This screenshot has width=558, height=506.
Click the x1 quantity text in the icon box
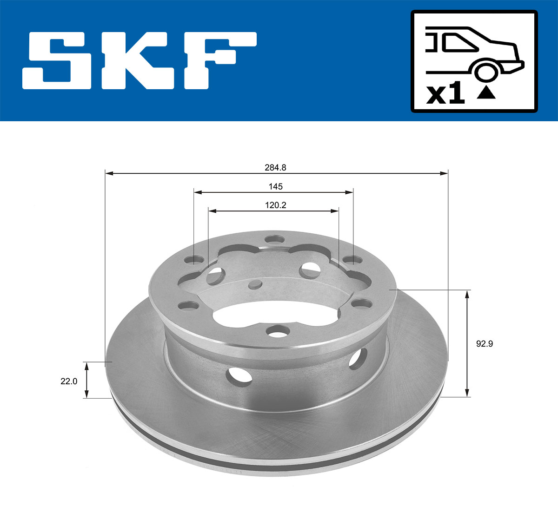coord(445,95)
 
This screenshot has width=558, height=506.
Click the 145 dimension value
coord(275,186)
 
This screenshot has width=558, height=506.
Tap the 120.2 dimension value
coord(275,205)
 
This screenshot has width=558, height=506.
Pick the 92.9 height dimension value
coord(484,344)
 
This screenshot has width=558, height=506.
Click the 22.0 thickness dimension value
coord(68,381)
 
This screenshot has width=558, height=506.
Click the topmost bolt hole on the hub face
coord(274,240)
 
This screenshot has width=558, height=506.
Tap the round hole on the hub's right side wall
coord(357,358)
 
